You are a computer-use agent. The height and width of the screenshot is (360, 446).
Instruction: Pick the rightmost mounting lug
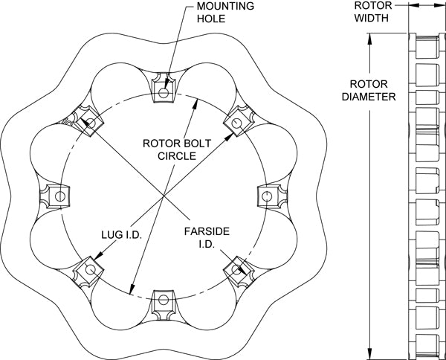pos(268,196)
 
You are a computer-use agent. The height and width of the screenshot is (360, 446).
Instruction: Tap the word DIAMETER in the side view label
pos(369,96)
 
